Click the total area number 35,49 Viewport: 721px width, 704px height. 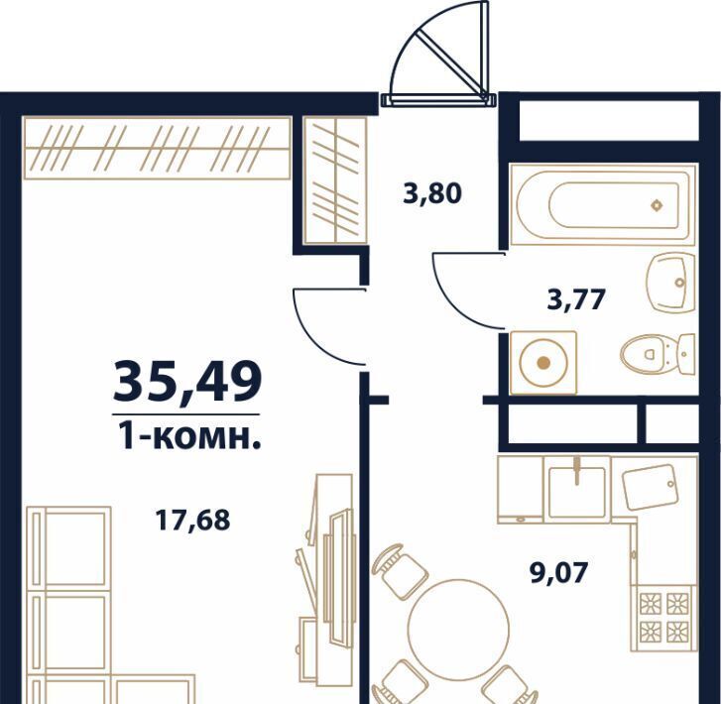point(187,383)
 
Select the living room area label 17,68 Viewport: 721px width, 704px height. point(192,521)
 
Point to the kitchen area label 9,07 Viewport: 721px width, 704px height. point(559,573)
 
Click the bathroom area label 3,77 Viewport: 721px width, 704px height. point(575,299)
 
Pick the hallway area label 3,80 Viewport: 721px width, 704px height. point(431,193)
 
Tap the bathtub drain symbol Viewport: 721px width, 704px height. point(657,205)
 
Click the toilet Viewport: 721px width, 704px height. point(658,354)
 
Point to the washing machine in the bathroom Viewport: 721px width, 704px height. point(543,362)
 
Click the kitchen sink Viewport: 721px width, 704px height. point(576,490)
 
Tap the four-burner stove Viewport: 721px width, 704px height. point(663,619)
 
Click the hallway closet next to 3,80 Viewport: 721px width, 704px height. point(335,179)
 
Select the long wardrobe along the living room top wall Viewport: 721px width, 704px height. point(158,148)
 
